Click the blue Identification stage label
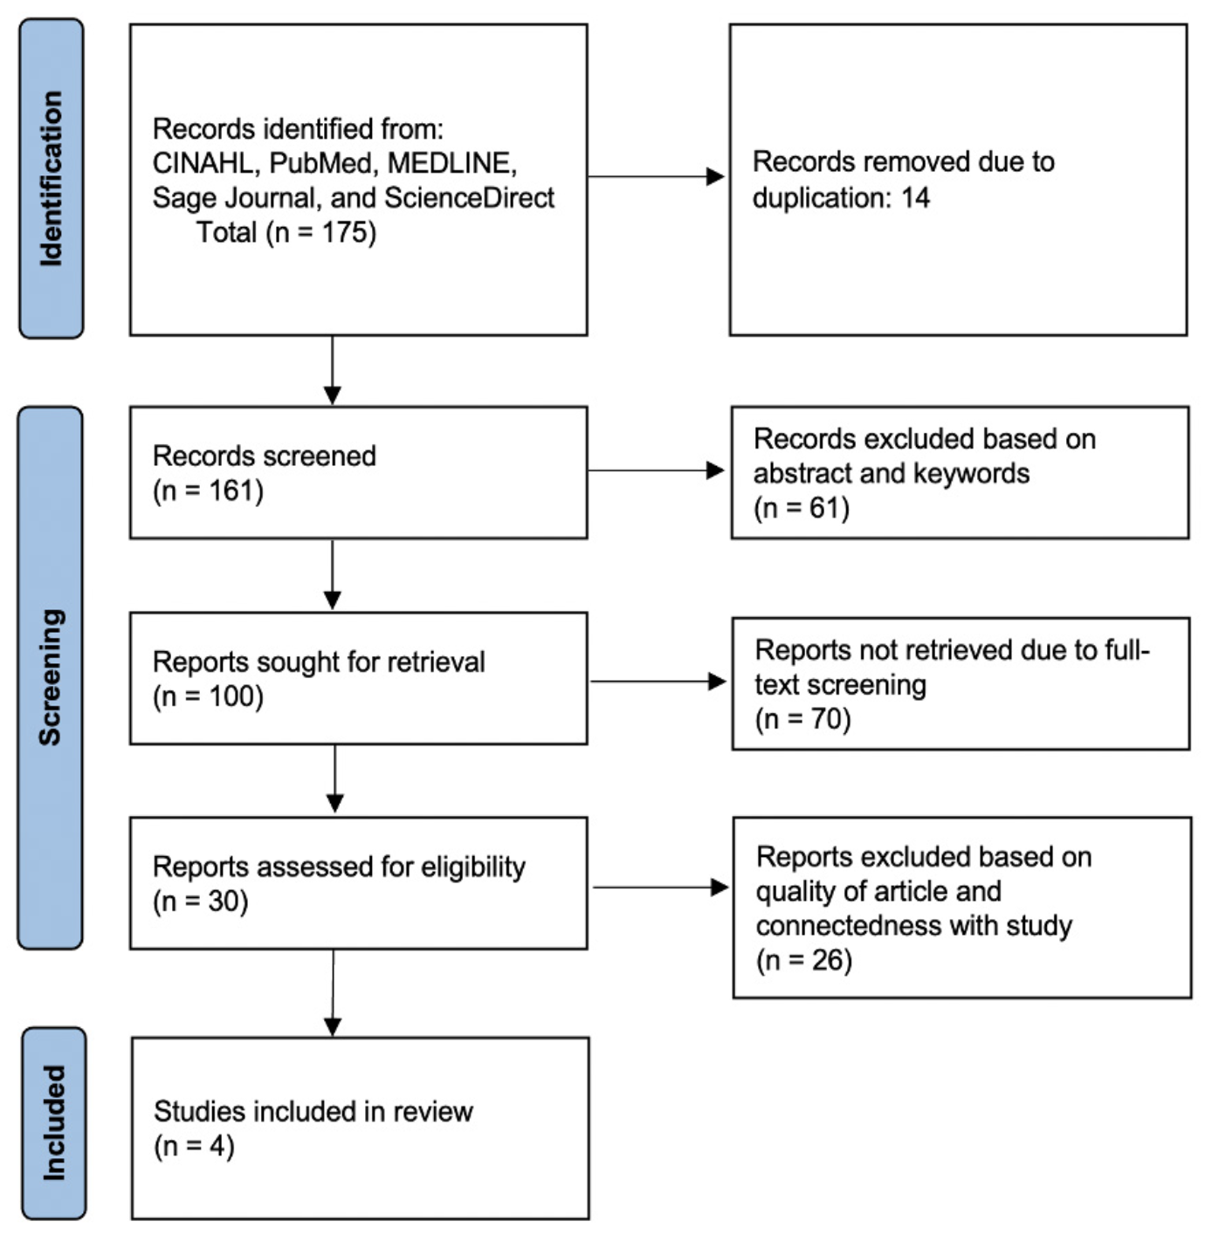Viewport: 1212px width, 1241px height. pyautogui.click(x=51, y=179)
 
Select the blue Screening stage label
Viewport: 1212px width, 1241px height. pyautogui.click(x=51, y=678)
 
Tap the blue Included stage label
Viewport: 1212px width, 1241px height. pyautogui.click(x=53, y=1123)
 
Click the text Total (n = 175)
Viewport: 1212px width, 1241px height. pyautogui.click(x=286, y=232)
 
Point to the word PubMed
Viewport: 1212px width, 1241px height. pyautogui.click(x=320, y=163)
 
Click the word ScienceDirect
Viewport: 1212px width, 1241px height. pyautogui.click(x=469, y=198)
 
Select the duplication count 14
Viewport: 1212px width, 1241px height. pyautogui.click(x=915, y=198)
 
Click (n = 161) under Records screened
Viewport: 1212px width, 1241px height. pyautogui.click(x=208, y=491)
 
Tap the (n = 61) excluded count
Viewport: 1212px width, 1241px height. pyautogui.click(x=802, y=508)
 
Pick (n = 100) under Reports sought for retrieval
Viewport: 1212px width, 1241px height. pyautogui.click(x=208, y=696)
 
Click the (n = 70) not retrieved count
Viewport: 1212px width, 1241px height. pyautogui.click(x=802, y=719)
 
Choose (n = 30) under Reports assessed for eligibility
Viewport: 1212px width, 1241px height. pyautogui.click(x=201, y=902)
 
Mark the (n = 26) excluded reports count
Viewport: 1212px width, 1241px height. pyautogui.click(x=804, y=960)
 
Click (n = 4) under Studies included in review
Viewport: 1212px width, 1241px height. pyautogui.click(x=194, y=1147)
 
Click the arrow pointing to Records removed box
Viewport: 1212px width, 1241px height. pyautogui.click(x=656, y=176)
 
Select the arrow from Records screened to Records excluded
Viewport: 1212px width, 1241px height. pyautogui.click(x=656, y=470)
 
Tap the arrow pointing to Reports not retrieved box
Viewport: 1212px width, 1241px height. pyautogui.click(x=658, y=682)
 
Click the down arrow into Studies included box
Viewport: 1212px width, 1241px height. pyautogui.click(x=333, y=993)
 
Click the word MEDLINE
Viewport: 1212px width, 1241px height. pyautogui.click(x=451, y=163)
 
